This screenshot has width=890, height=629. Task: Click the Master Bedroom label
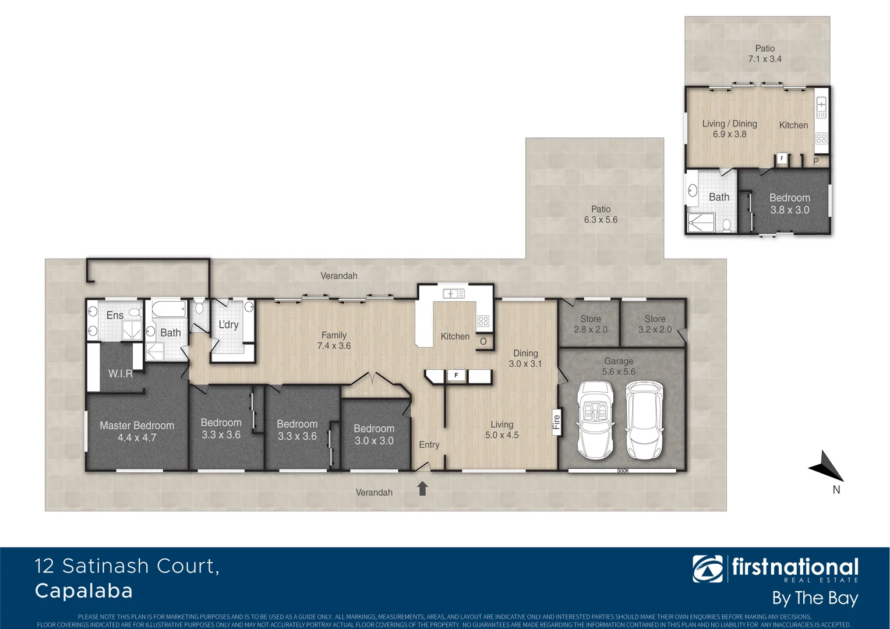click(x=137, y=432)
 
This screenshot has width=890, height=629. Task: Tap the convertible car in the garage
click(x=595, y=419)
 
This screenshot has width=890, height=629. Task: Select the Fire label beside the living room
click(x=556, y=422)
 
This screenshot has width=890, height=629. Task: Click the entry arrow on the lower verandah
click(x=422, y=489)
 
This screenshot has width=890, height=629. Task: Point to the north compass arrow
click(x=826, y=466)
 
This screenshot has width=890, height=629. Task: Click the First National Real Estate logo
click(x=775, y=569)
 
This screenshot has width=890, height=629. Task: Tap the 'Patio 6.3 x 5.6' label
click(x=601, y=214)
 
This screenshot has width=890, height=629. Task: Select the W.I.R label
click(x=120, y=374)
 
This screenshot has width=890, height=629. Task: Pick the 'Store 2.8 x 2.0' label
click(x=590, y=324)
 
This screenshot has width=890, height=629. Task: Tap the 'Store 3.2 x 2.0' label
click(x=655, y=324)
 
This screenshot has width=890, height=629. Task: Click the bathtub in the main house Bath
click(x=169, y=309)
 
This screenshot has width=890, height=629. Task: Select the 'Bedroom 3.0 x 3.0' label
click(x=374, y=434)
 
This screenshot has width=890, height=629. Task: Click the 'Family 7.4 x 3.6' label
click(x=334, y=341)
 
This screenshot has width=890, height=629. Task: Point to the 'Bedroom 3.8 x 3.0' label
click(x=789, y=204)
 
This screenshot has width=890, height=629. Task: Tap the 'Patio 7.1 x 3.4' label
click(x=765, y=54)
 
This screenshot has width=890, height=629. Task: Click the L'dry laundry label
click(x=228, y=324)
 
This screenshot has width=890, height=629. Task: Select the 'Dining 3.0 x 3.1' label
click(x=525, y=358)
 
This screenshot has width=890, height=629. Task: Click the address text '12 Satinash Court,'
click(x=127, y=566)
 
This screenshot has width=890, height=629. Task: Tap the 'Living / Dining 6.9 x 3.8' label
click(x=729, y=129)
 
